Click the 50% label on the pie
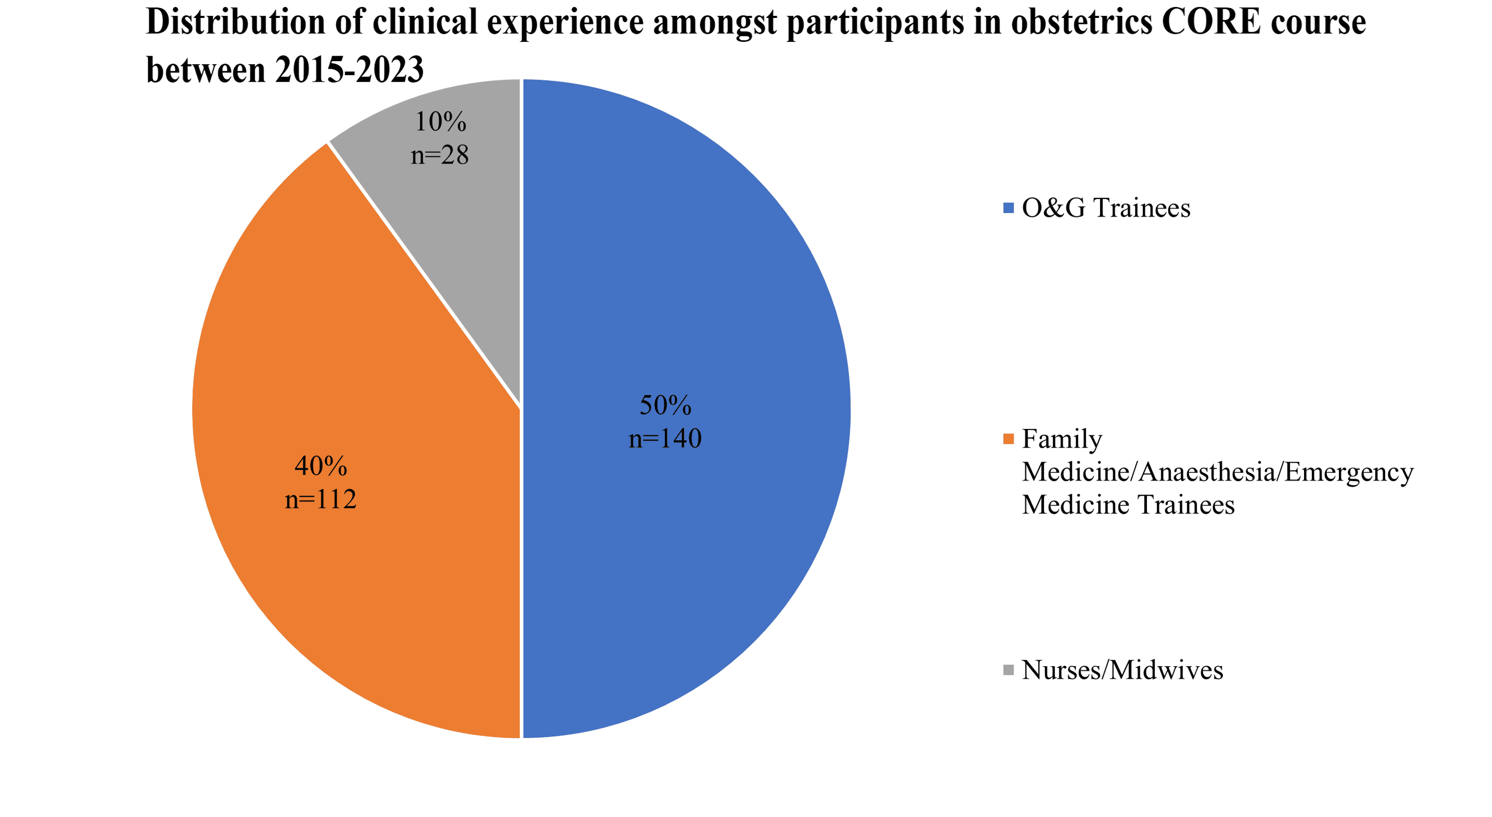[x=665, y=405]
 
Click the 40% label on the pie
[x=320, y=466]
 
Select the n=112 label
[x=320, y=500]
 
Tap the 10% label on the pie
[x=440, y=122]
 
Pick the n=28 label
[x=440, y=155]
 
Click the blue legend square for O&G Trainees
[x=1009, y=208]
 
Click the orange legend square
[x=1009, y=439]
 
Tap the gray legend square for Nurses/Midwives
[x=1009, y=670]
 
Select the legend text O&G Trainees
[x=1106, y=208]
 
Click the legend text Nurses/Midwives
[x=1122, y=670]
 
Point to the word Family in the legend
[x=1062, y=439]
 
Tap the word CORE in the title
[x=1212, y=22]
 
